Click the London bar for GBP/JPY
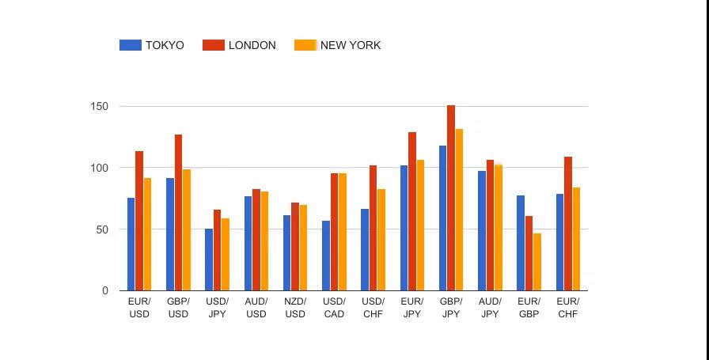[451, 198]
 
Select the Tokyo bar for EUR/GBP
[521, 243]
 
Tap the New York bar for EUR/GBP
[537, 262]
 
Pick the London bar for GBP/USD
[178, 213]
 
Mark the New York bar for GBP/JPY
[459, 210]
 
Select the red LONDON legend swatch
[214, 45]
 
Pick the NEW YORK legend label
[351, 45]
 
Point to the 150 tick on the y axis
[100, 106]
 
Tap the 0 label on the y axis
[105, 291]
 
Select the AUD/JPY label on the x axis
[490, 308]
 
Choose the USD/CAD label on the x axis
[334, 308]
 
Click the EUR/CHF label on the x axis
[567, 308]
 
